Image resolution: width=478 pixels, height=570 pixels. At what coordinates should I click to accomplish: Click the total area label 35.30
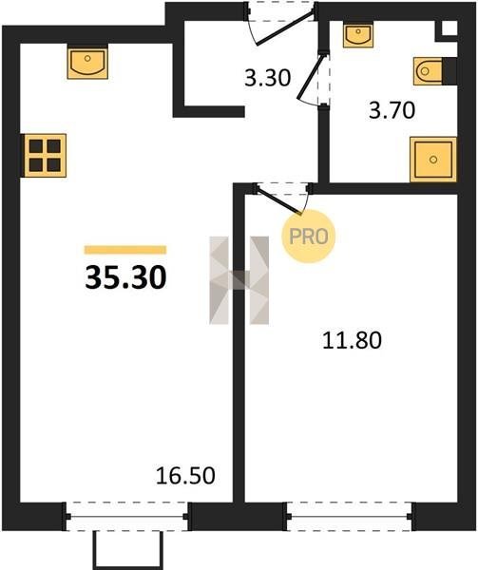pyautogui.click(x=125, y=277)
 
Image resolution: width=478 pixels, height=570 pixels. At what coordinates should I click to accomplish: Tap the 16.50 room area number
pyautogui.click(x=185, y=476)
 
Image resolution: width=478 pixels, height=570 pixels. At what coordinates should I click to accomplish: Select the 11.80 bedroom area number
pyautogui.click(x=352, y=341)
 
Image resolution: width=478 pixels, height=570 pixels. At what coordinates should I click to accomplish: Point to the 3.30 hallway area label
pyautogui.click(x=268, y=78)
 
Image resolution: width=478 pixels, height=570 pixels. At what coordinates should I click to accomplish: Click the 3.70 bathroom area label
pyautogui.click(x=392, y=110)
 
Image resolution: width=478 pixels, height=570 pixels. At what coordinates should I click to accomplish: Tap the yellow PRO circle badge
pyautogui.click(x=308, y=237)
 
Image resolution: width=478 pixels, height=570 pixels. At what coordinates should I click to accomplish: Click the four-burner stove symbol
pyautogui.click(x=45, y=156)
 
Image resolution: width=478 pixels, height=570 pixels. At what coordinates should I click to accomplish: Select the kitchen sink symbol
pyautogui.click(x=87, y=62)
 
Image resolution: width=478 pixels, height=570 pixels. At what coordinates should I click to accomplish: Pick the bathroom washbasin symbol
pyautogui.click(x=358, y=34)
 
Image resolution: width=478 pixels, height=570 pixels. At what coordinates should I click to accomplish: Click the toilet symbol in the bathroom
pyautogui.click(x=429, y=71)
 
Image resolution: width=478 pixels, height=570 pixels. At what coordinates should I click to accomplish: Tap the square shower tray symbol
pyautogui.click(x=433, y=160)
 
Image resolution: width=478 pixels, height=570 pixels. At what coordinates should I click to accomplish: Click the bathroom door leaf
pyautogui.click(x=310, y=77)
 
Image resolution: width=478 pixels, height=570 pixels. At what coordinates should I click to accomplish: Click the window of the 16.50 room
pyautogui.click(x=127, y=516)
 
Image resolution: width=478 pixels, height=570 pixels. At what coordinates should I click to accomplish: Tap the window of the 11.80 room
pyautogui.click(x=350, y=516)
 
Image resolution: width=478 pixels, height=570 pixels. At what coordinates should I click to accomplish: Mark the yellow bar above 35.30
pyautogui.click(x=125, y=250)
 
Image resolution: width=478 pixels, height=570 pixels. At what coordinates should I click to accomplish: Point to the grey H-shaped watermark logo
pyautogui.click(x=239, y=280)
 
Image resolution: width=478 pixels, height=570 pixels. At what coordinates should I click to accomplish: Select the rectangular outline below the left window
pyautogui.click(x=127, y=550)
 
